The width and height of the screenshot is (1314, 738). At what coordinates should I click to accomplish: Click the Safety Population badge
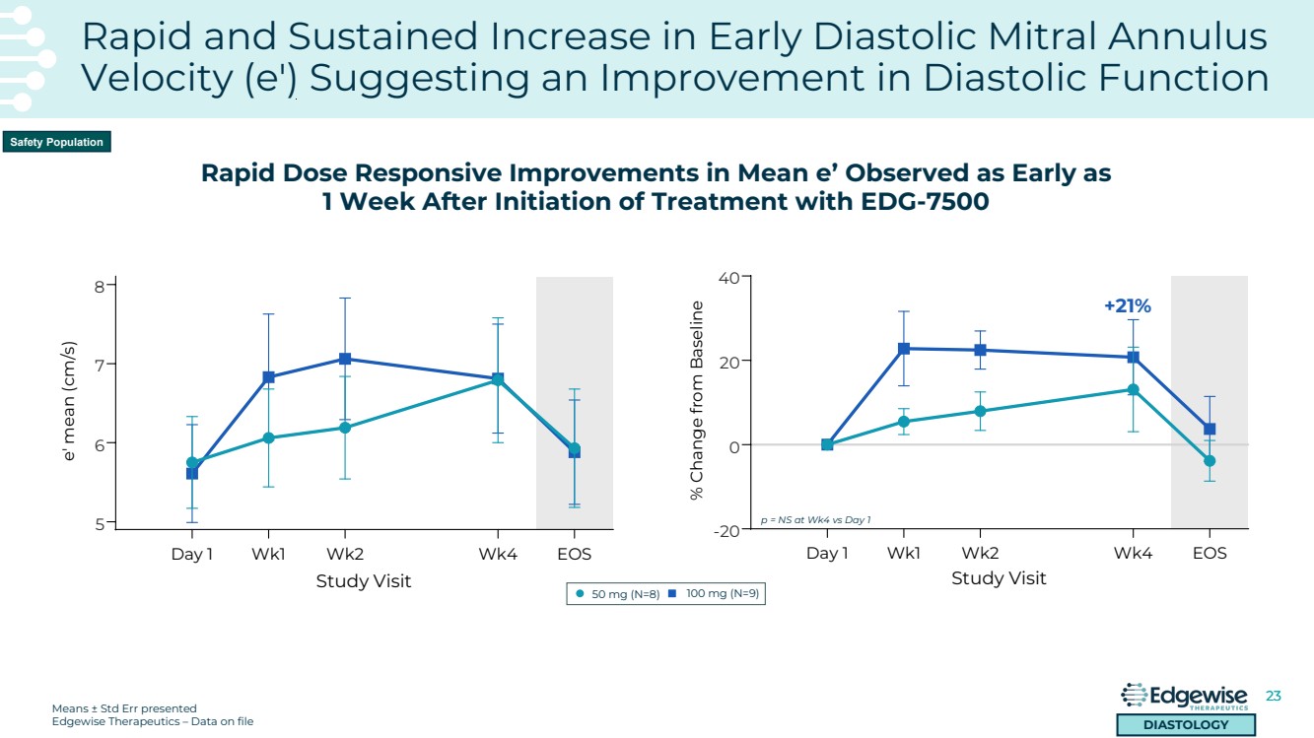(x=56, y=142)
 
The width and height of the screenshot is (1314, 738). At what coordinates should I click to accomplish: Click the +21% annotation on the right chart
(x=1128, y=306)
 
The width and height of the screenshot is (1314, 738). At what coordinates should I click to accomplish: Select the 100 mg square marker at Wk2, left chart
(x=345, y=359)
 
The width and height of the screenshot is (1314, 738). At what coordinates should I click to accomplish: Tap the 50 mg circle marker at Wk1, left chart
(x=268, y=437)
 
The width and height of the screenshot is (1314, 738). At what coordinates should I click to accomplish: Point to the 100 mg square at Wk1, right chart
(x=904, y=349)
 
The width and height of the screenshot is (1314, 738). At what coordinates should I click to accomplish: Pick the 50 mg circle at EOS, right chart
(x=1210, y=461)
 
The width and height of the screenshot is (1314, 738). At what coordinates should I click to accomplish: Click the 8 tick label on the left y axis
(x=99, y=287)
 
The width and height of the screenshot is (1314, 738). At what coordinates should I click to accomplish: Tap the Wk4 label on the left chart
(x=498, y=554)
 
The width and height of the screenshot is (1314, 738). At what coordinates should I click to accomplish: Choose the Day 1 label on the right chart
(x=827, y=553)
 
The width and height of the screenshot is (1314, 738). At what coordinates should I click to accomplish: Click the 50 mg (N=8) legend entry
(x=617, y=594)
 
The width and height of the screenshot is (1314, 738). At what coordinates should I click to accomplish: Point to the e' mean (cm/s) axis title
(x=70, y=403)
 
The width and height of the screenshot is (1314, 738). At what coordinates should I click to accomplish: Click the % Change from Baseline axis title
(x=697, y=400)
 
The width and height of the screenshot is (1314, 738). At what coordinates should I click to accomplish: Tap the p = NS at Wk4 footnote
(x=815, y=519)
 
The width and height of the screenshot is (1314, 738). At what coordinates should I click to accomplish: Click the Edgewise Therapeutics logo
(x=1185, y=697)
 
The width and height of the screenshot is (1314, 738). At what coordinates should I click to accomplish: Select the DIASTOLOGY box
(x=1185, y=725)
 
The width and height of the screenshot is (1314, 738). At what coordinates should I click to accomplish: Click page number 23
(x=1273, y=696)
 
